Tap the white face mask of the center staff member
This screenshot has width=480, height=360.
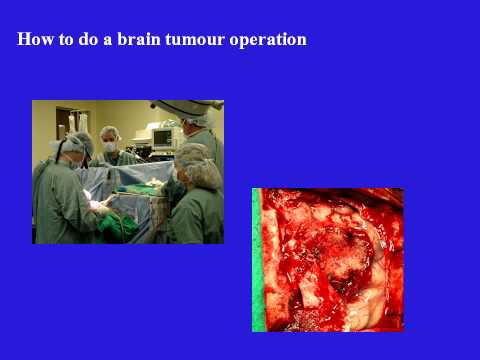tap(109, 146)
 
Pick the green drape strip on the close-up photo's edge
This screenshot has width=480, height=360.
tap(258, 260)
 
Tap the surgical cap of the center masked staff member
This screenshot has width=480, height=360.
tap(109, 133)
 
